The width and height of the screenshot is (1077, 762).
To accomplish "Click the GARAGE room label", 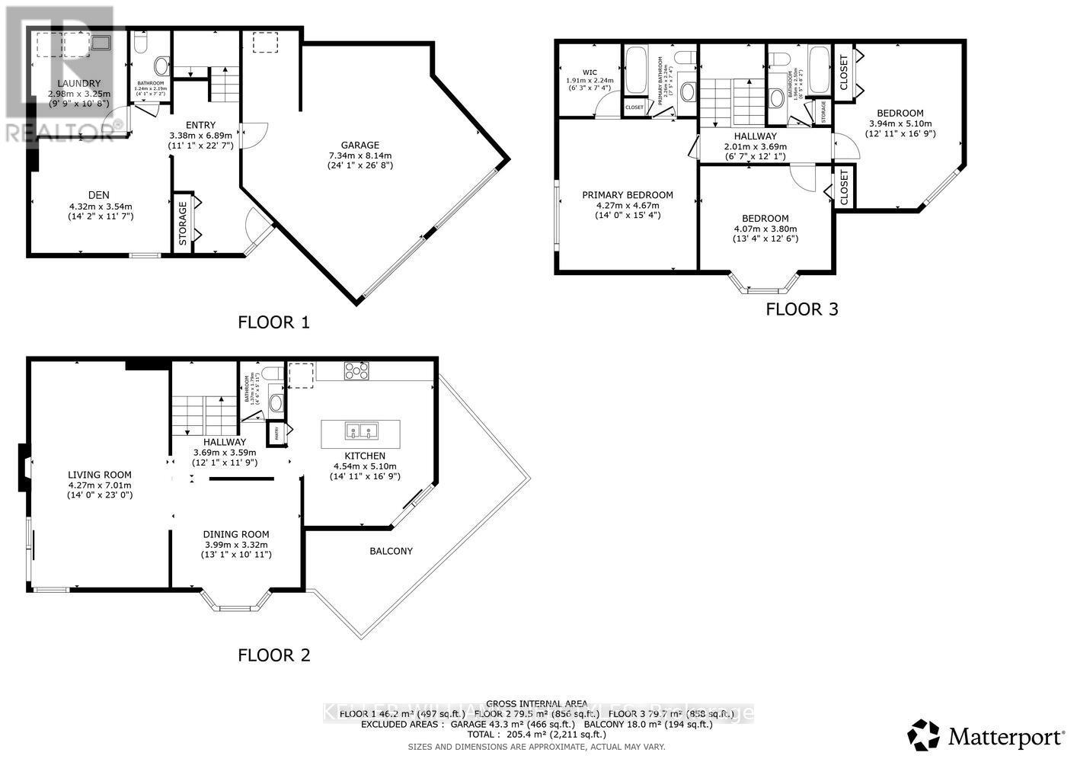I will pyautogui.click(x=360, y=145).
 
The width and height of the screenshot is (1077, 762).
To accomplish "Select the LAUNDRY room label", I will pyautogui.click(x=79, y=83).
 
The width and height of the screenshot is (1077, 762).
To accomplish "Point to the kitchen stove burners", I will pyautogui.click(x=356, y=371).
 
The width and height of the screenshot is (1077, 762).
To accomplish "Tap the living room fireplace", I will pyautogui.click(x=24, y=466).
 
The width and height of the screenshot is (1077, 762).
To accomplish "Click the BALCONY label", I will pyautogui.click(x=391, y=551).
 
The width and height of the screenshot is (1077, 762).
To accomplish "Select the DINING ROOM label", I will pyautogui.click(x=235, y=534).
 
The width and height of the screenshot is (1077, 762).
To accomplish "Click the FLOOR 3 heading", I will pyautogui.click(x=801, y=309).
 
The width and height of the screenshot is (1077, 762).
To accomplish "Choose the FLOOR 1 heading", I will pyautogui.click(x=273, y=322).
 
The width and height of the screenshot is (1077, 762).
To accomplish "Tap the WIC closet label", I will pyautogui.click(x=589, y=72).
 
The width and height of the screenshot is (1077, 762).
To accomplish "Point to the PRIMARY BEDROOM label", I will pyautogui.click(x=628, y=195).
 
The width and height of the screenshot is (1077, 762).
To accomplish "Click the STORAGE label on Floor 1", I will pyautogui.click(x=183, y=223).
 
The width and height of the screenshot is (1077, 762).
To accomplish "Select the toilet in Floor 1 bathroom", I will pyautogui.click(x=161, y=65).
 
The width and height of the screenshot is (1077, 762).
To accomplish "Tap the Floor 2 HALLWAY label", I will pyautogui.click(x=225, y=442).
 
